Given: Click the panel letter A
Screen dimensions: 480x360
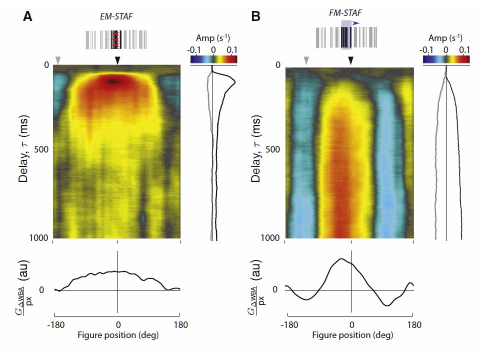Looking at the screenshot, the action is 27,16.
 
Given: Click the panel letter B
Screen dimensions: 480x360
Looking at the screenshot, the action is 255,16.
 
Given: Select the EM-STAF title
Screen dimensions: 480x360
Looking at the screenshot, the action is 116,16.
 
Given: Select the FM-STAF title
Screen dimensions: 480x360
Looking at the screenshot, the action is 345,13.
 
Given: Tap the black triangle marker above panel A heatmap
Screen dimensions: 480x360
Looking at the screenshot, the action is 117,60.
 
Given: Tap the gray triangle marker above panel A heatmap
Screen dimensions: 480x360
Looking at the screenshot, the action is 58,60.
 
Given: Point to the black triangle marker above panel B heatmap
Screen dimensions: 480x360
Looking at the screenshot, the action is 351,60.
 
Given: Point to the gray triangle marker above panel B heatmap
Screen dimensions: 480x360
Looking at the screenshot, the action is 306,60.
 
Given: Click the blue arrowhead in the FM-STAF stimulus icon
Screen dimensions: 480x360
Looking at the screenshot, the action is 355,23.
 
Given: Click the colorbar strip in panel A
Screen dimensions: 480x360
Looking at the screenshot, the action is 213,59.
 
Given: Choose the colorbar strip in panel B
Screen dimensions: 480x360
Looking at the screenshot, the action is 446,59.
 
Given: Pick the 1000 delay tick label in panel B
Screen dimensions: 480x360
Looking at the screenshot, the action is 270,237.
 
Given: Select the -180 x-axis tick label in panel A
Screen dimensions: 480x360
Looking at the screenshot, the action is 56,325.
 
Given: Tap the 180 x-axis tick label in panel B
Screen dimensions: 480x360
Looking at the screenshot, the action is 414,325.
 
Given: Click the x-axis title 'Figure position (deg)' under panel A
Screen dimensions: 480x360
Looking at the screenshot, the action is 118,335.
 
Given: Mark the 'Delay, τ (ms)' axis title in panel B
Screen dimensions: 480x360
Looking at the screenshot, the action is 256,149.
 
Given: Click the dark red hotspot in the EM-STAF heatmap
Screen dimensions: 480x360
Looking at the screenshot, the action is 113,81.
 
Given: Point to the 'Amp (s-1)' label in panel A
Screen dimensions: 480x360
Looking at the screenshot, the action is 213,38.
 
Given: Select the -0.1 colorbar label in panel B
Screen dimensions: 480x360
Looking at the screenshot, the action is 426,50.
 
